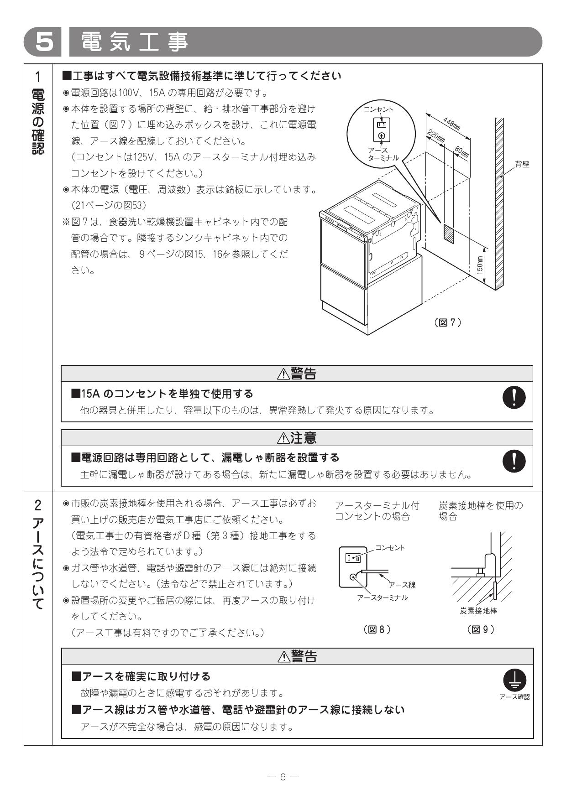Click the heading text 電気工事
point(134,42)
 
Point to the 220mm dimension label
point(436,136)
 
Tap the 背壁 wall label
point(522,165)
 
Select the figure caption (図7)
point(448,322)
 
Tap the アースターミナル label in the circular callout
point(383,154)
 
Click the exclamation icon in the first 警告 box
point(514,397)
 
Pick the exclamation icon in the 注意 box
point(514,461)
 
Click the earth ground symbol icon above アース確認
point(514,680)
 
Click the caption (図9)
point(481,629)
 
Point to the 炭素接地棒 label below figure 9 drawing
point(478,611)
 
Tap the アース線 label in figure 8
point(402,585)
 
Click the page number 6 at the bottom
point(283,777)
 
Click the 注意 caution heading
point(297,438)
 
